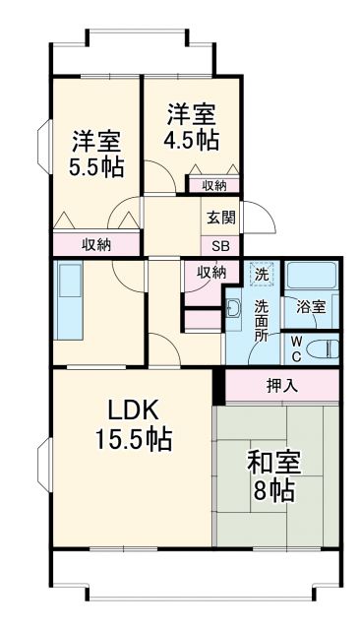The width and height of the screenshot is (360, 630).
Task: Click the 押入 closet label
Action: (282, 386)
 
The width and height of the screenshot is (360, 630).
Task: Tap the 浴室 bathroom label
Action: (312, 306)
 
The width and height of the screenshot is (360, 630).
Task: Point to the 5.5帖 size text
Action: (95, 165)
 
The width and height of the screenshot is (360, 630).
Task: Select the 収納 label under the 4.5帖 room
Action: (213, 185)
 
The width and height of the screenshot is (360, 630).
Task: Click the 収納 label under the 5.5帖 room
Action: (95, 245)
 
